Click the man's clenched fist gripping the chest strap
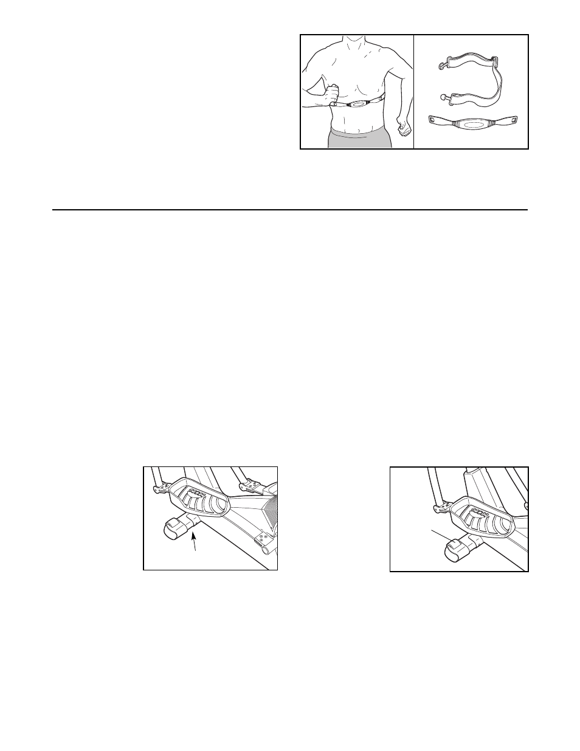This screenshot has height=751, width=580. click(x=332, y=94)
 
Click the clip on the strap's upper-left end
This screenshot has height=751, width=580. click(x=444, y=61)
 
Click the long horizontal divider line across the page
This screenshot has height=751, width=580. click(x=289, y=210)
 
